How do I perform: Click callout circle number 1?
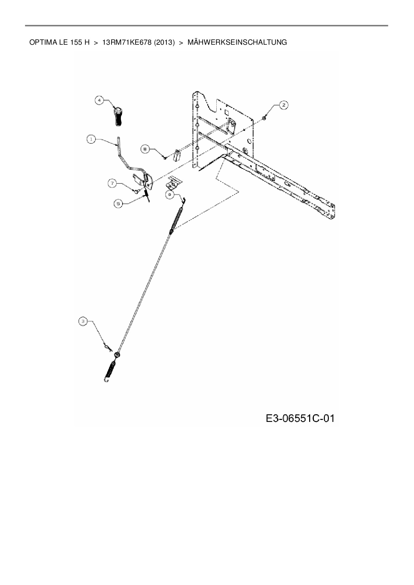click(91, 139)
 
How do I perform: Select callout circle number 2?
click(283, 105)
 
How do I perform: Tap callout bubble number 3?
click(83, 321)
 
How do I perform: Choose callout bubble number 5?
click(118, 203)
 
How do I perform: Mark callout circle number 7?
click(112, 183)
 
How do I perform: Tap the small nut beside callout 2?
click(264, 117)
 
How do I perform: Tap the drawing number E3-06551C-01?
click(300, 418)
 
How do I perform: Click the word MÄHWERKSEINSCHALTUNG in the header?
click(237, 42)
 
